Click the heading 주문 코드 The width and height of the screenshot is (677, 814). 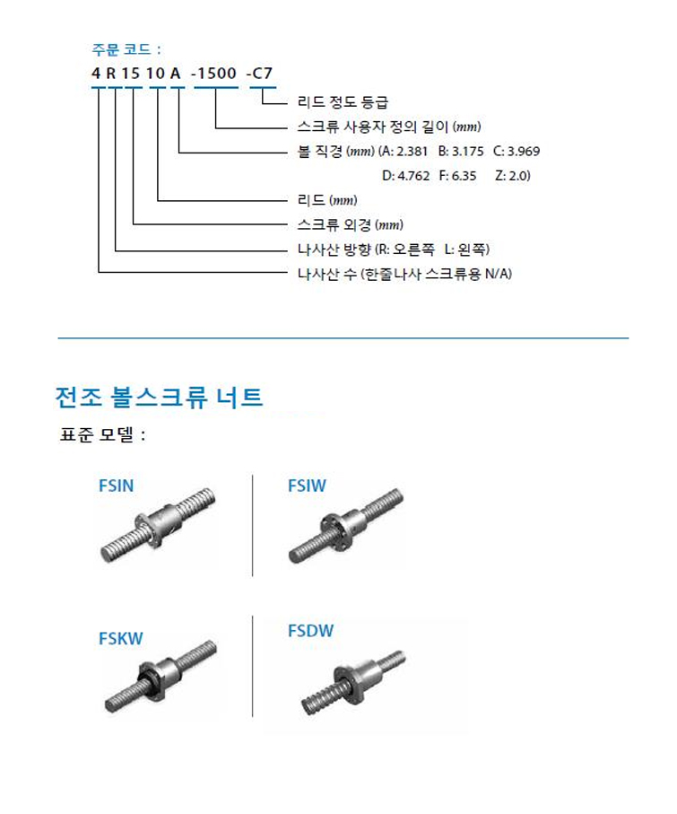(122, 50)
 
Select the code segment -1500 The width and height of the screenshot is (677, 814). (214, 74)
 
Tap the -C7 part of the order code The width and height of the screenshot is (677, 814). (260, 74)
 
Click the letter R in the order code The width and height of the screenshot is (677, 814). (111, 74)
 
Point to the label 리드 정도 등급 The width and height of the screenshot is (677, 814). (343, 101)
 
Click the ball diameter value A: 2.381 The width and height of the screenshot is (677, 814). (404, 151)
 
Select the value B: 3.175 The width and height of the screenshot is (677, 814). (461, 151)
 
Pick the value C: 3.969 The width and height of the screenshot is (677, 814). (516, 151)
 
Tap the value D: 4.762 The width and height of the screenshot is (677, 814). (406, 176)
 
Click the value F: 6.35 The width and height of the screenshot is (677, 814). (458, 176)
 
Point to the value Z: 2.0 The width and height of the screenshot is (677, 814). (513, 176)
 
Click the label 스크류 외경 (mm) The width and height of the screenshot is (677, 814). (351, 224)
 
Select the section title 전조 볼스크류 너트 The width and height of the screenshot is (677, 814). (159, 398)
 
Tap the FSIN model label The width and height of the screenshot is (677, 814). (117, 486)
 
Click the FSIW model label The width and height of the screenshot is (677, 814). (307, 486)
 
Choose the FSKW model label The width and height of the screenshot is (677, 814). (121, 638)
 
